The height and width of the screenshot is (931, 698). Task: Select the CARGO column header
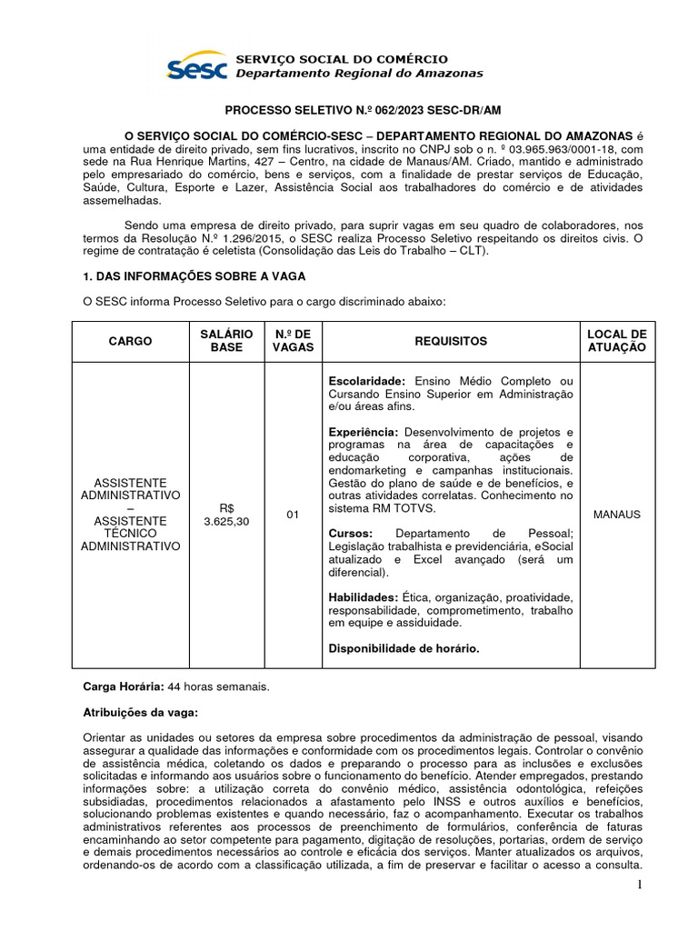(131, 341)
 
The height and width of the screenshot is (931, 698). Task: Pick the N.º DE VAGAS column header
(293, 341)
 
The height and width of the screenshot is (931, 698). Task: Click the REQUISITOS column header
(451, 341)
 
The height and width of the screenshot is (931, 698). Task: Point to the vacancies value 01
(293, 515)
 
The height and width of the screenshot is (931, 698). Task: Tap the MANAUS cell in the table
(616, 515)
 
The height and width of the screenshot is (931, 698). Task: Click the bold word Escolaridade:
(368, 380)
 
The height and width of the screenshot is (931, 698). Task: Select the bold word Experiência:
(364, 432)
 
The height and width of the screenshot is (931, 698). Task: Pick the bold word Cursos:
(350, 533)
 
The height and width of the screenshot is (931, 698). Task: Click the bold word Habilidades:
(367, 596)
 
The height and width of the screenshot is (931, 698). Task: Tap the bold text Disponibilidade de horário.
(404, 648)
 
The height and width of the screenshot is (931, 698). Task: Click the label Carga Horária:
(124, 686)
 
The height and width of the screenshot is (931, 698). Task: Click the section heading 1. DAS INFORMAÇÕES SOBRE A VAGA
(194, 275)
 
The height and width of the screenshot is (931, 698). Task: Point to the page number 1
(640, 886)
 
